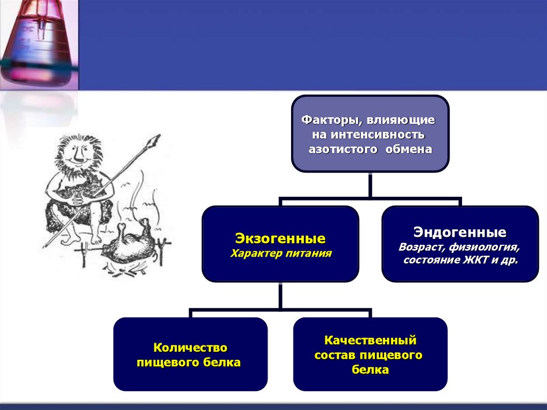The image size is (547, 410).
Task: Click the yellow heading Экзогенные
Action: [280, 237]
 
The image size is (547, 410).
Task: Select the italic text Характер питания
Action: [281, 253]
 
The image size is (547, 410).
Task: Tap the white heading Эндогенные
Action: [460, 233]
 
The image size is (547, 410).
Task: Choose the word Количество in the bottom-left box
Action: [191, 348]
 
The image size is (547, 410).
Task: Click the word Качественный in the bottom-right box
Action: [370, 340]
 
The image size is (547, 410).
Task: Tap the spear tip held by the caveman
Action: [154, 141]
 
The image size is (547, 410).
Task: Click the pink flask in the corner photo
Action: [37, 43]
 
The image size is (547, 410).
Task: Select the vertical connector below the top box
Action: [370, 185]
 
